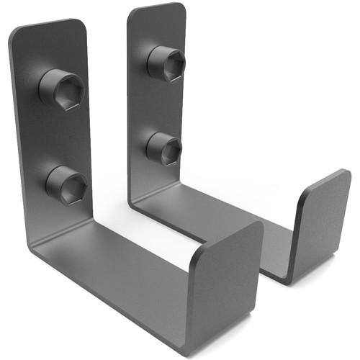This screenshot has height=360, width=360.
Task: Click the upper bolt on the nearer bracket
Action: click(61, 89)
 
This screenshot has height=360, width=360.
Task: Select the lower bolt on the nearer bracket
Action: click(66, 184)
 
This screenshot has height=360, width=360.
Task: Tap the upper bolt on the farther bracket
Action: click(166, 63)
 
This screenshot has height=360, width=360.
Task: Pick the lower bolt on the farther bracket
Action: click(163, 148)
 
